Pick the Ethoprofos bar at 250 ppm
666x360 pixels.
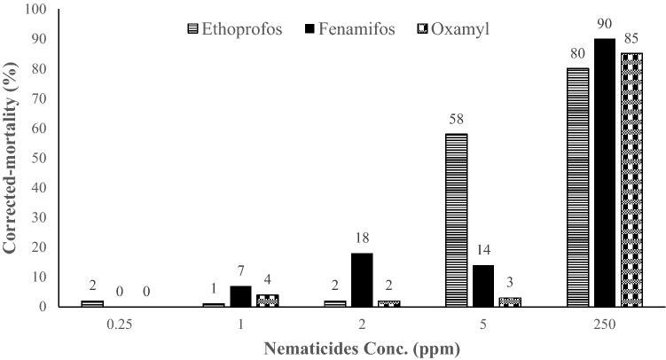577,187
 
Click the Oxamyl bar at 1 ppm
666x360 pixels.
267,301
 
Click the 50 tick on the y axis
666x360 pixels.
43,158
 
